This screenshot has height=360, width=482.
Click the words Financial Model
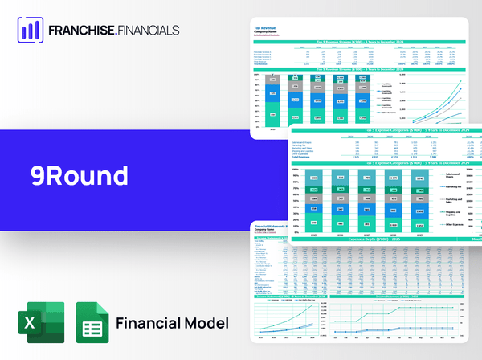(x=172, y=323)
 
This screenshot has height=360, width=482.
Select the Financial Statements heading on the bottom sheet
(x=277, y=229)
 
